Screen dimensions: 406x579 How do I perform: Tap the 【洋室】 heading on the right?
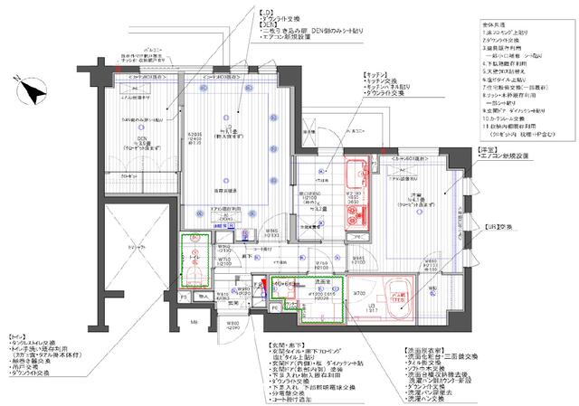tap(487, 146)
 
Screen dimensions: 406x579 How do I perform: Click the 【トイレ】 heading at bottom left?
tap(20, 336)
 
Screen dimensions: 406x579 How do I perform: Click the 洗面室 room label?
tap(310, 281)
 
